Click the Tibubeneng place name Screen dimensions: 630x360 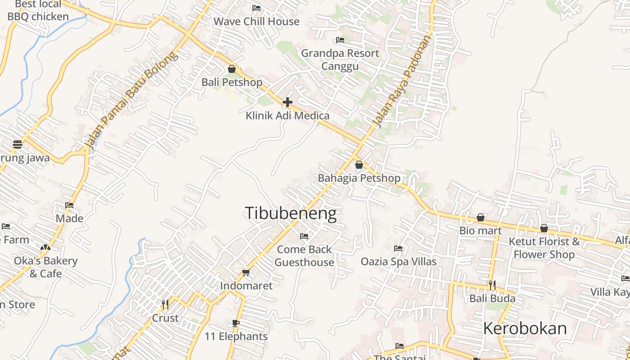click(x=291, y=213)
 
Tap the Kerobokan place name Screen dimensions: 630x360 click(x=525, y=328)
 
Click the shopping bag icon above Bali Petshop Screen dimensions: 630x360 click(x=232, y=69)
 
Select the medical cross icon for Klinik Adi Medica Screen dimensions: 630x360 click(x=288, y=102)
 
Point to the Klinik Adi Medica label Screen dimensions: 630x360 click(x=288, y=116)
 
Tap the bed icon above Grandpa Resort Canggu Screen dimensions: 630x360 click(x=340, y=40)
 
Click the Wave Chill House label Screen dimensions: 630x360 click(x=256, y=22)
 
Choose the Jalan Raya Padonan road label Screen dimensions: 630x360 click(x=402, y=81)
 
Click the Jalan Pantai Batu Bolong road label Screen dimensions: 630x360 click(x=130, y=102)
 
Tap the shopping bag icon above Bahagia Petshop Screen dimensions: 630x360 click(x=359, y=165)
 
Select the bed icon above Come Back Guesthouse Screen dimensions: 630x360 click(x=304, y=236)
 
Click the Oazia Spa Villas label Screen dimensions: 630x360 click(x=399, y=261)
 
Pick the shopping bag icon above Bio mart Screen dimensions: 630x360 click(x=481, y=217)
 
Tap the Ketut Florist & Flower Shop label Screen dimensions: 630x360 click(x=544, y=248)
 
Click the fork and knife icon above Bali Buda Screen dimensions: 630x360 click(x=492, y=285)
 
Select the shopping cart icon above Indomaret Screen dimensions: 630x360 click(x=246, y=272)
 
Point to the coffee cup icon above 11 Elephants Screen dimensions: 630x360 click(x=236, y=323)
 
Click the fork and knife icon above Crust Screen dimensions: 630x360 click(x=165, y=305)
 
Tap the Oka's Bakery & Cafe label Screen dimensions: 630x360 click(x=46, y=267)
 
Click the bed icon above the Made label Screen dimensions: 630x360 click(x=69, y=205)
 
